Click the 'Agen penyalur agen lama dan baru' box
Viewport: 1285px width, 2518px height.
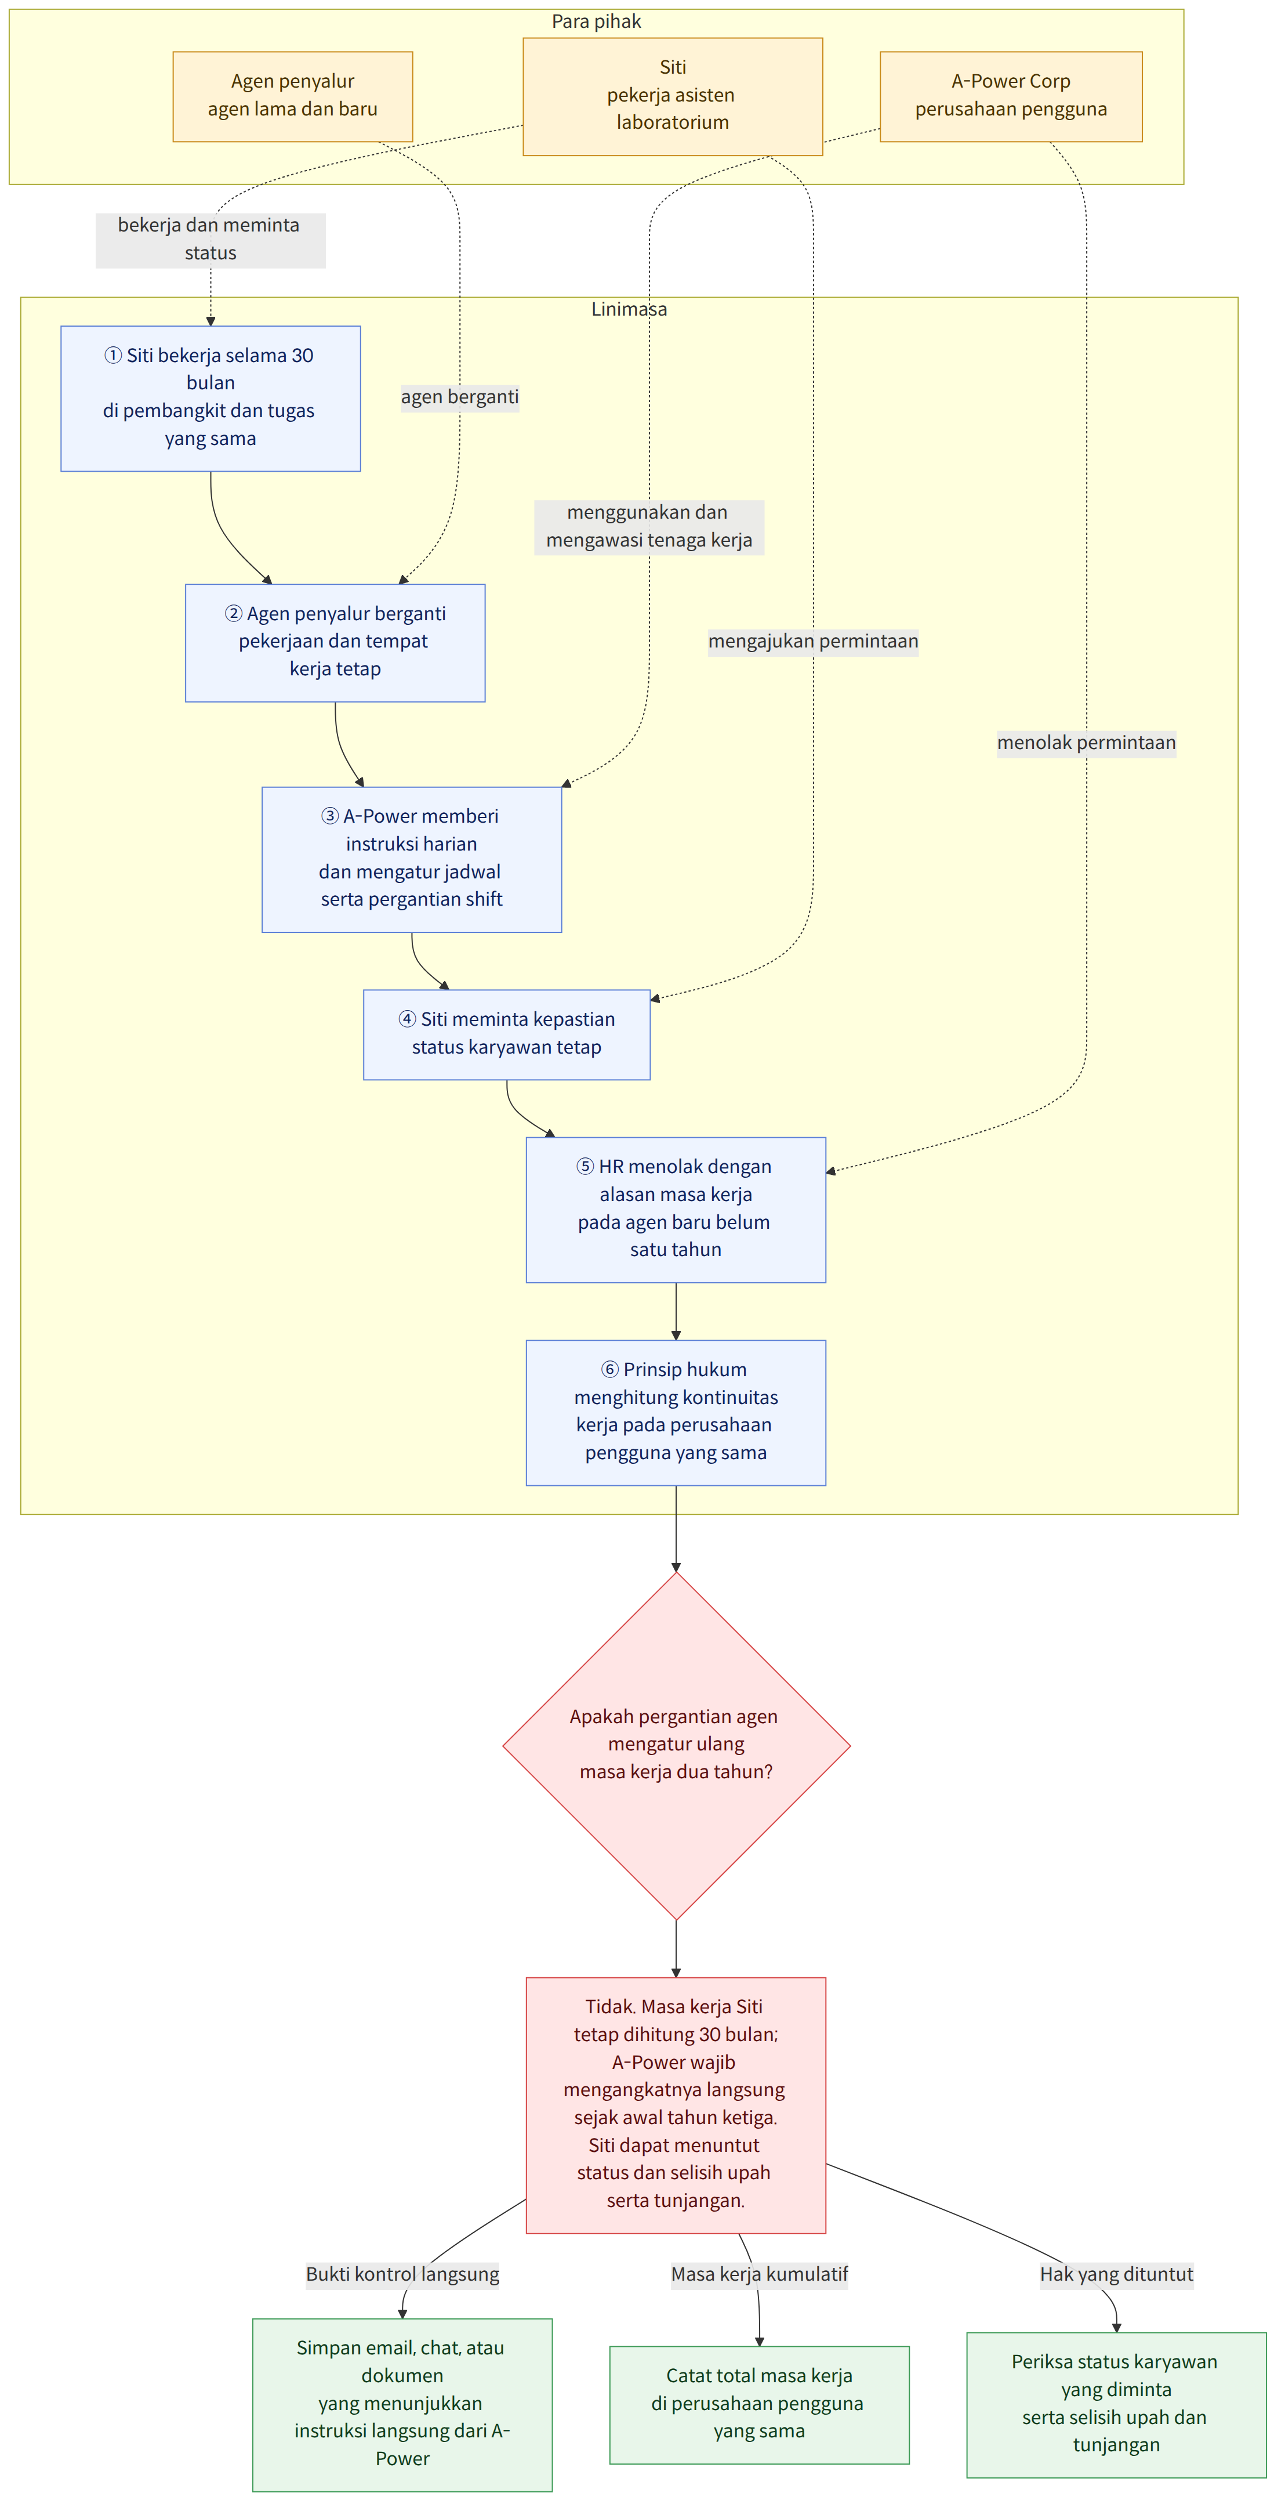292,96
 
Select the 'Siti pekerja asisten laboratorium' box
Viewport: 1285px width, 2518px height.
672,96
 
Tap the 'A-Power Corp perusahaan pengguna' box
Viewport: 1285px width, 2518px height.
1010,96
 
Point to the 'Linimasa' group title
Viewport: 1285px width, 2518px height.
629,309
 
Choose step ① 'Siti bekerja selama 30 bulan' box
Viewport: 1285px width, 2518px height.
210,398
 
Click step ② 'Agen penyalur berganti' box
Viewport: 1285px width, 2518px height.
335,642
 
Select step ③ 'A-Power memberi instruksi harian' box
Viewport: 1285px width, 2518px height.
411,859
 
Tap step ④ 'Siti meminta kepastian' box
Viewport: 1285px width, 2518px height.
506,1034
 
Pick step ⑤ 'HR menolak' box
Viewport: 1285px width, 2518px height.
675,1209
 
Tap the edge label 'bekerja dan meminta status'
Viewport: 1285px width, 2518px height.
210,240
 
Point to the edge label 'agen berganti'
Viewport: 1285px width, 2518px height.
459,397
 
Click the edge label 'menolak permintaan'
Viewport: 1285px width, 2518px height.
1086,743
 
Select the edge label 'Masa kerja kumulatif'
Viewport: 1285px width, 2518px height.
759,2274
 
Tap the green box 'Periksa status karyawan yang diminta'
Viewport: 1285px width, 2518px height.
1116,2405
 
